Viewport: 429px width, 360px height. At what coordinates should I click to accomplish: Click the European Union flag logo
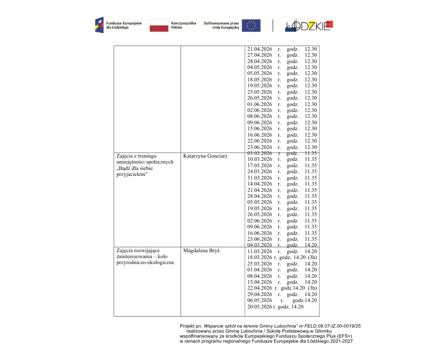point(251,26)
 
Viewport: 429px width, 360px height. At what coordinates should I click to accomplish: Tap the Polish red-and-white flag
point(159,26)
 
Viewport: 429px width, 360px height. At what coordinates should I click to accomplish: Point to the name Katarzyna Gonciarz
point(205,156)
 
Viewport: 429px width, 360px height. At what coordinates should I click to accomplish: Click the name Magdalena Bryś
point(201,251)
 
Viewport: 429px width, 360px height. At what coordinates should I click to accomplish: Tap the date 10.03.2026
point(260,159)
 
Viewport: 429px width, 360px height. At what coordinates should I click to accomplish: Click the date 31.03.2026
point(260,178)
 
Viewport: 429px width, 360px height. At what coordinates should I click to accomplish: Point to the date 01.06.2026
point(260,104)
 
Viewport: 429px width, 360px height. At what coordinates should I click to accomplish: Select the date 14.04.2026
point(260,184)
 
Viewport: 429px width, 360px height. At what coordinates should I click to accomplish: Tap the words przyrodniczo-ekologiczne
point(145,263)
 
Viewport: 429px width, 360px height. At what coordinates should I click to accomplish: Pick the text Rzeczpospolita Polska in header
point(183,25)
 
